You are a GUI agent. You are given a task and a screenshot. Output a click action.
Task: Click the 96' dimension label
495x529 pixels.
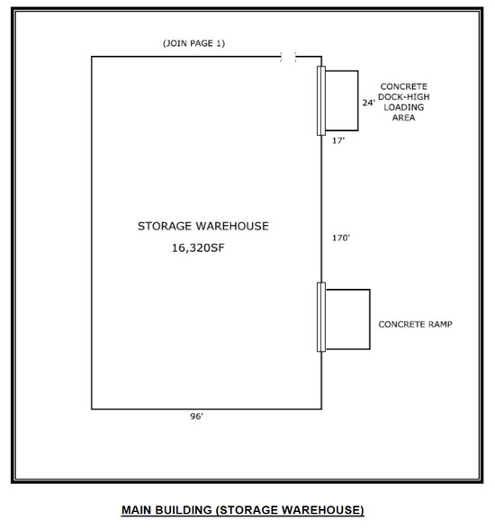[197, 417]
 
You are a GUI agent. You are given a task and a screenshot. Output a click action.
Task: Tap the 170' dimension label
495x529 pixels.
[341, 238]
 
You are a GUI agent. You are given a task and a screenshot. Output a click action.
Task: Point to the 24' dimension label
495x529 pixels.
[368, 103]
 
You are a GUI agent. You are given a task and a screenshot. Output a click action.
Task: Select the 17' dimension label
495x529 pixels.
[338, 140]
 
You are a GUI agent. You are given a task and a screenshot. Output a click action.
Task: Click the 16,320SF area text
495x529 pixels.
[198, 248]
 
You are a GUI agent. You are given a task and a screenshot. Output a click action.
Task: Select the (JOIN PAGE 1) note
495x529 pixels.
[194, 43]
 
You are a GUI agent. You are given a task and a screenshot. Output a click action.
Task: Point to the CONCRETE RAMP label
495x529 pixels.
[416, 325]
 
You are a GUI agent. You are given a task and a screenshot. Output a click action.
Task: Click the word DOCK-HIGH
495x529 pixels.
[404, 97]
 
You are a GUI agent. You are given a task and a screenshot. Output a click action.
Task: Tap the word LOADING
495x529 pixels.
[404, 108]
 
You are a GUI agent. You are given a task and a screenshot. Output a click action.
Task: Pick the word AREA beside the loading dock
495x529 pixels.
[404, 118]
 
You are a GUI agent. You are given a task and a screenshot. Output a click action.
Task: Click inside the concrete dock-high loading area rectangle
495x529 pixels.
[341, 101]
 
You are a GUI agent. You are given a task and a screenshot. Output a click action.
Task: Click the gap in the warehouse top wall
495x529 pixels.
[288, 57]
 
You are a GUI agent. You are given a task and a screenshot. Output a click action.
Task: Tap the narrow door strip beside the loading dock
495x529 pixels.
[321, 101]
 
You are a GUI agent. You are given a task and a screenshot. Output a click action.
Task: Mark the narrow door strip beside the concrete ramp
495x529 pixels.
[321, 317]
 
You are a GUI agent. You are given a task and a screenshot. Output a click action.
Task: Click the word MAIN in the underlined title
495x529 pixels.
[136, 510]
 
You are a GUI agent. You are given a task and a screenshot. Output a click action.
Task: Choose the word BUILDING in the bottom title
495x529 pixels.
[184, 510]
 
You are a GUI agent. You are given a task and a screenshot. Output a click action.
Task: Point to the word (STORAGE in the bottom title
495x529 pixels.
[247, 510]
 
